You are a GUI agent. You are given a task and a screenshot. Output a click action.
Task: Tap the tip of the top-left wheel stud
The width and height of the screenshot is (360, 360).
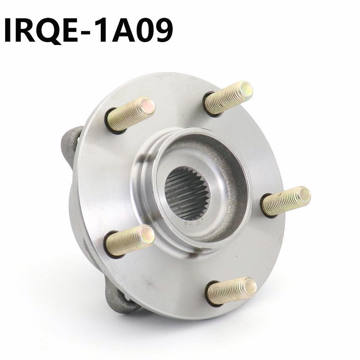(148, 105)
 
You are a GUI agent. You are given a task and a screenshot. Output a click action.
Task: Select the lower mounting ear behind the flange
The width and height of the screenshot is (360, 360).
(121, 299)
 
